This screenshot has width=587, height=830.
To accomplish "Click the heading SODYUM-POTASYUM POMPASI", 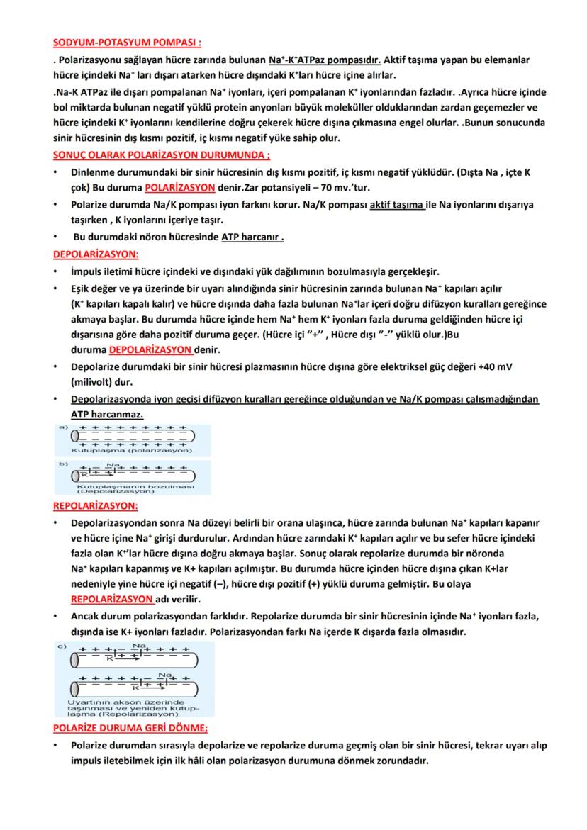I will click(127, 44).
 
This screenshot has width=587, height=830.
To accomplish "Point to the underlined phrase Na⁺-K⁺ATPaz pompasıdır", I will click(325, 60).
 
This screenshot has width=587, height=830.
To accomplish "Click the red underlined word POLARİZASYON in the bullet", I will click(180, 188).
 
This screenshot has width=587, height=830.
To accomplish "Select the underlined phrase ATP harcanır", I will click(252, 237).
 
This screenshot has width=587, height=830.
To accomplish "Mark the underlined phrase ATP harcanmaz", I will click(107, 414).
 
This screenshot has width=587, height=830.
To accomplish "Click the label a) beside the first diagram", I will click(62, 427).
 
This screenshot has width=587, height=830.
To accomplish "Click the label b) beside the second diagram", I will click(62, 464).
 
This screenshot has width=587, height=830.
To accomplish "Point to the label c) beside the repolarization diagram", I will click(62, 646).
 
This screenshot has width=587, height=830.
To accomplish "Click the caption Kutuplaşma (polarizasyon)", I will click(131, 450).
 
